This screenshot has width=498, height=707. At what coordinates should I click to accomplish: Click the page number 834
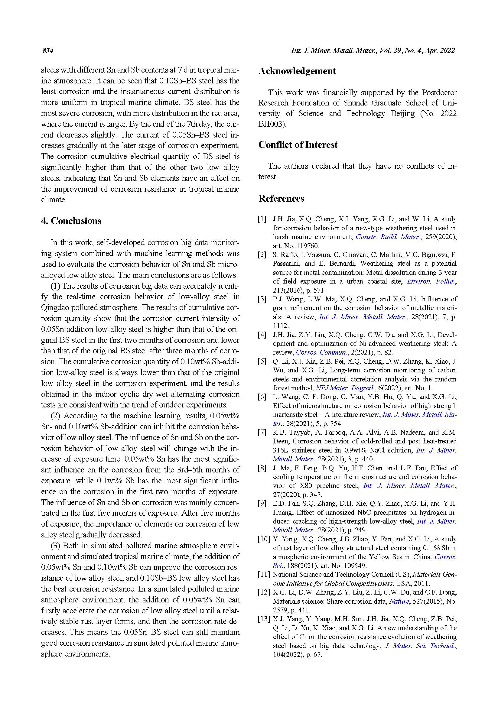48,50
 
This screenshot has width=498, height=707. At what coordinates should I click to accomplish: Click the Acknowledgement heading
297,71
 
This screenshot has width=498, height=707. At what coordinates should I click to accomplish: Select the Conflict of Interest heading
298,145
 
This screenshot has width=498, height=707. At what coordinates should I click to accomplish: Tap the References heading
281,199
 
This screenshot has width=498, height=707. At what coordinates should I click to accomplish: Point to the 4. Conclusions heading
71,221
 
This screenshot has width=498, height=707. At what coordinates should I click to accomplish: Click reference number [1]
262,219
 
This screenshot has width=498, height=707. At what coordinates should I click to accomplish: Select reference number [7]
262,433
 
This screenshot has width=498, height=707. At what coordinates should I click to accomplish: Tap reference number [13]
264,619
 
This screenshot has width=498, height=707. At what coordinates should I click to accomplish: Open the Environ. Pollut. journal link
431,281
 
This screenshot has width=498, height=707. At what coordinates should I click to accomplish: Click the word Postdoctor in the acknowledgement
439,93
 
